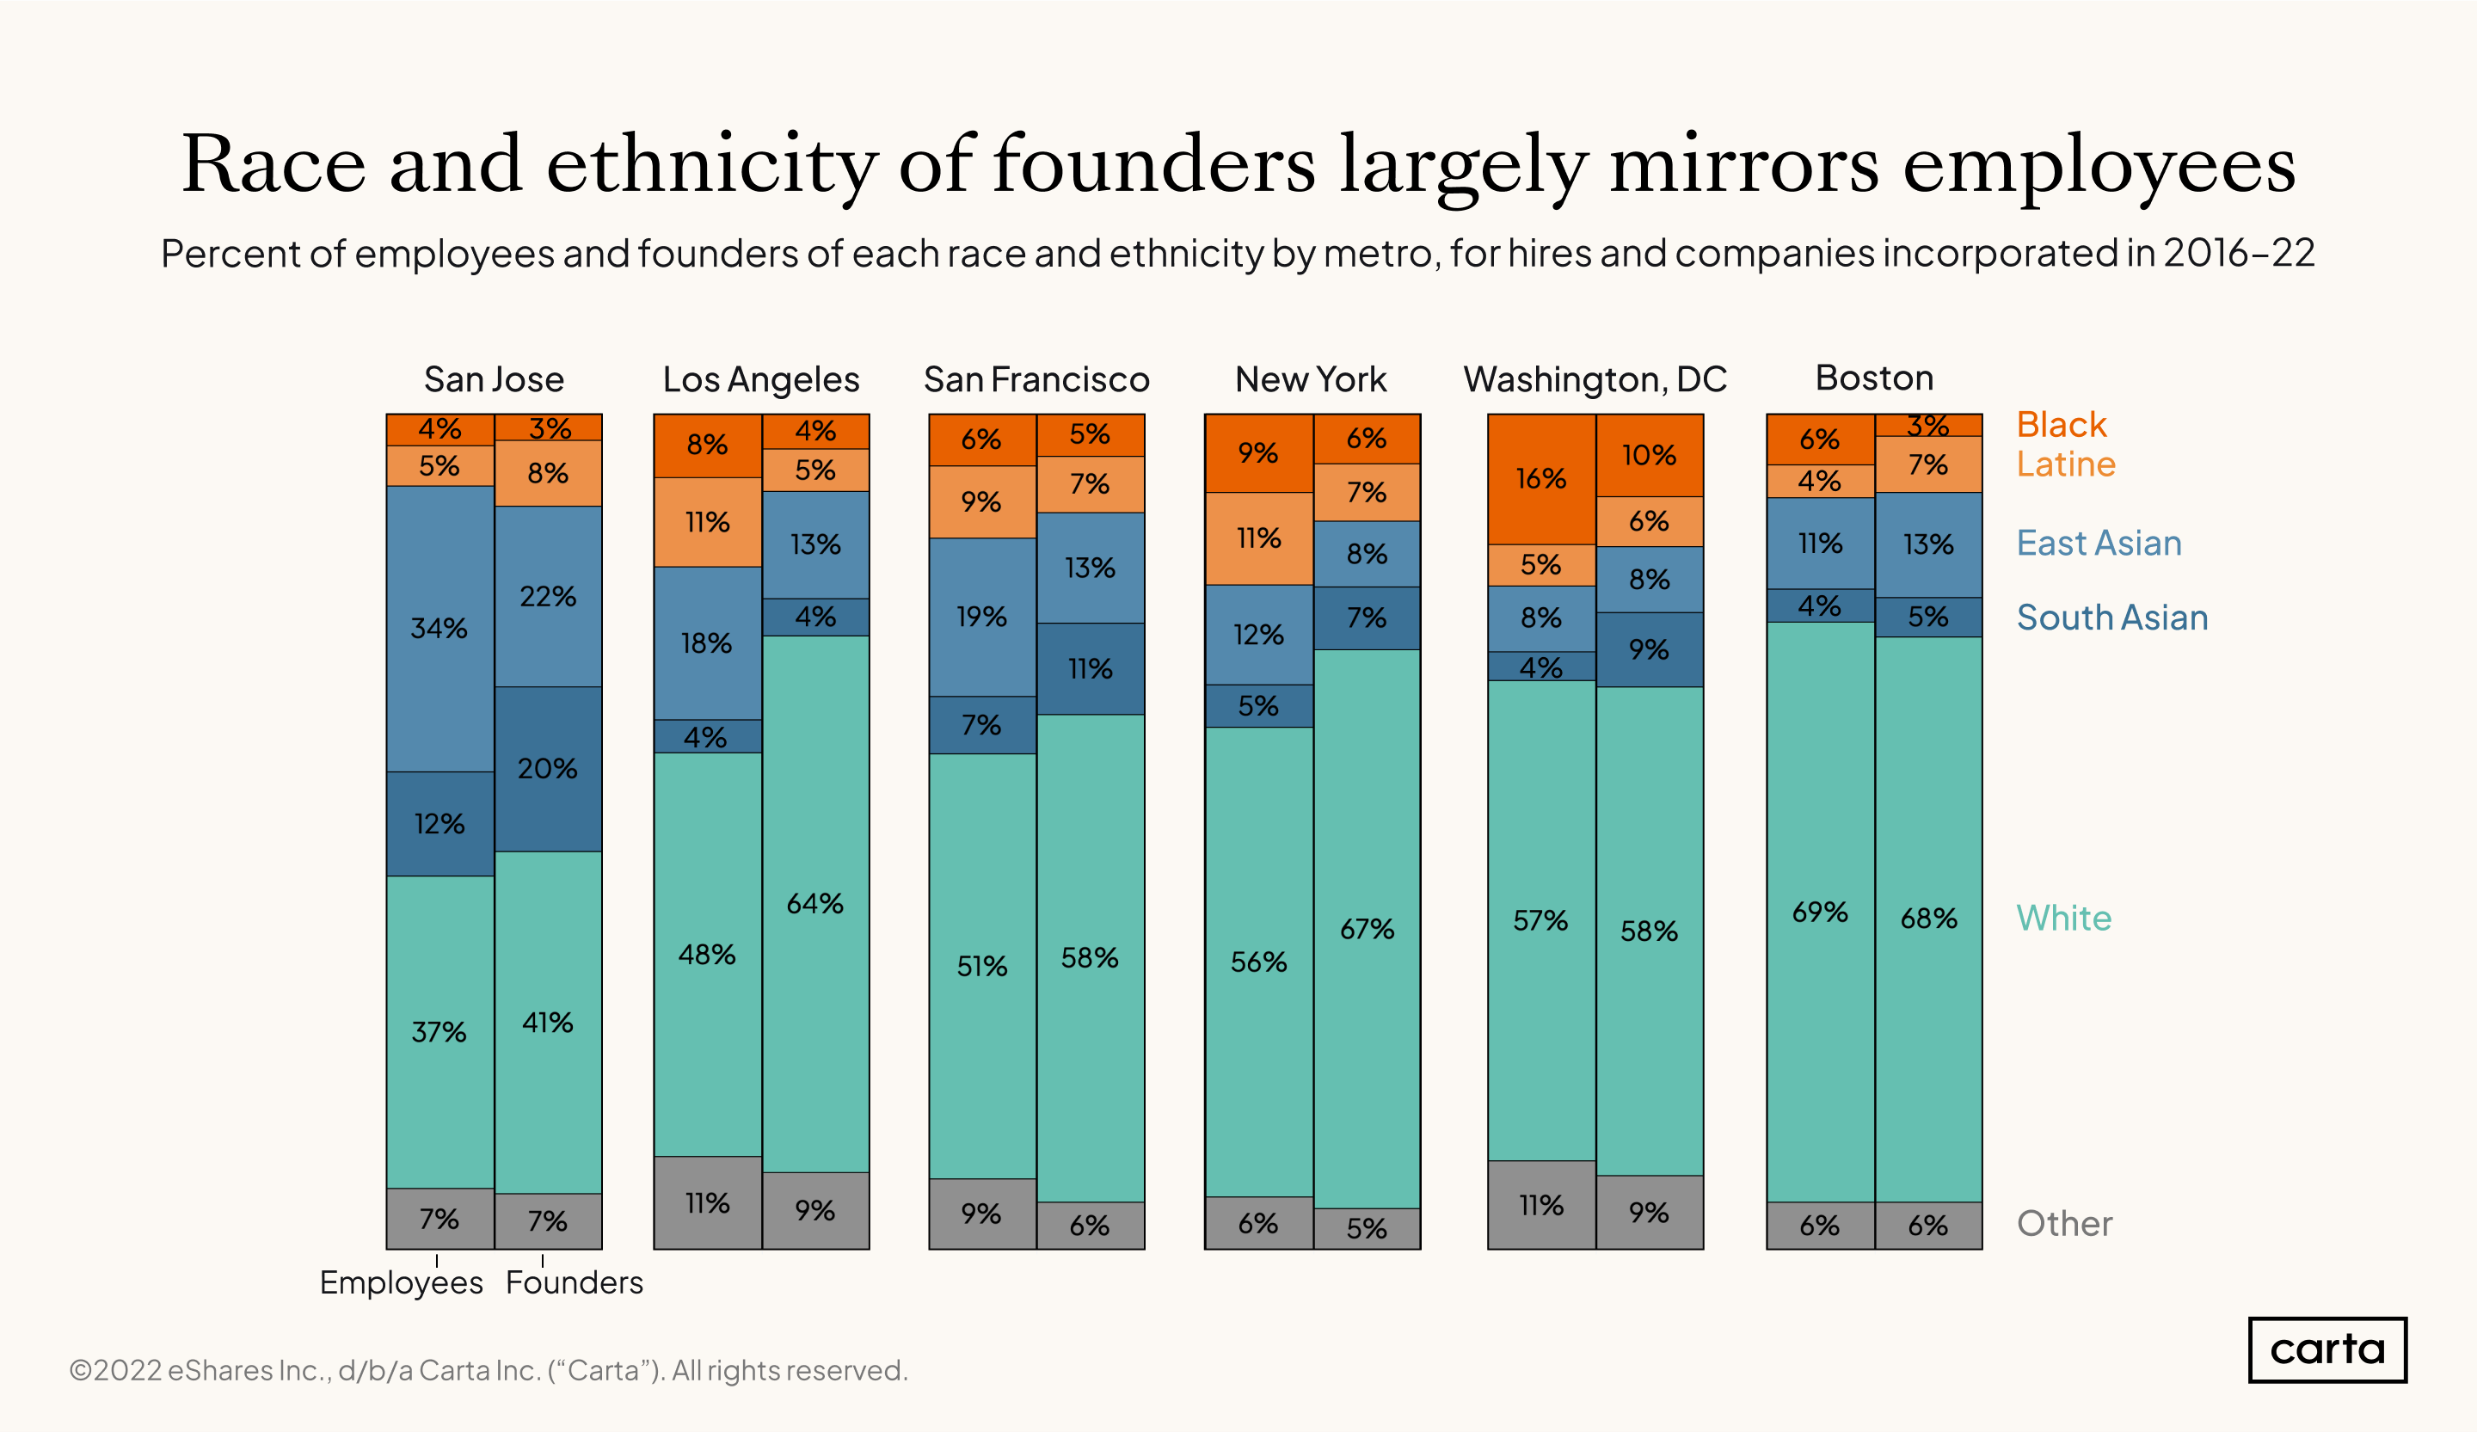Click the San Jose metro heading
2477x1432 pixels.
tap(494, 379)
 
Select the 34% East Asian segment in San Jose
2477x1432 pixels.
tap(439, 628)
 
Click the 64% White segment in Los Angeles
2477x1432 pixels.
tap(814, 903)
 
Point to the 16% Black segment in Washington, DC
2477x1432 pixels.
tap(1540, 479)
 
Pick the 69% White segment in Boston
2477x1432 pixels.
tap(1819, 911)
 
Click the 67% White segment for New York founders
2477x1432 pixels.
tap(1367, 928)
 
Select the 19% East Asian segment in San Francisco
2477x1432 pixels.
tap(981, 617)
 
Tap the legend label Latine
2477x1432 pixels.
tap(2065, 464)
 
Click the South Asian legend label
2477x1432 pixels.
tap(2111, 618)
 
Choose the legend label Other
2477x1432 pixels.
tap(2064, 1224)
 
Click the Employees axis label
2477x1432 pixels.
tap(401, 1282)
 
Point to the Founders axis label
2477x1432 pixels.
tap(574, 1282)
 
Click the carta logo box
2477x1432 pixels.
tap(2326, 1349)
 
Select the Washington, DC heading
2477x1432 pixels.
tap(1595, 379)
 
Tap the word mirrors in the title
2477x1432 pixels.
tap(1743, 165)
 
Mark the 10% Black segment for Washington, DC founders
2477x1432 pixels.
tap(1649, 455)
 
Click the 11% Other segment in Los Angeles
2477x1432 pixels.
tap(707, 1203)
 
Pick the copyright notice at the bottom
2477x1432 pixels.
tap(489, 1370)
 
